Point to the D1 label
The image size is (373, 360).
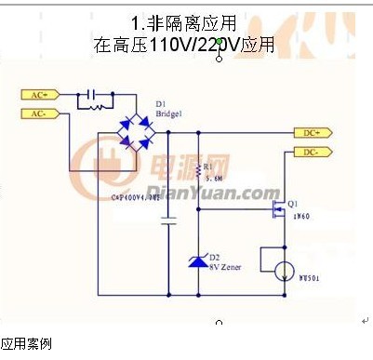click(x=161, y=103)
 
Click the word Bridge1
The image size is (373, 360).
click(x=170, y=113)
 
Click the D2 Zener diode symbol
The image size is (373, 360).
click(x=197, y=261)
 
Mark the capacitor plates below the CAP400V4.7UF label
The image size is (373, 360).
click(x=168, y=223)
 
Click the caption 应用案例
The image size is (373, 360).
click(x=26, y=344)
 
